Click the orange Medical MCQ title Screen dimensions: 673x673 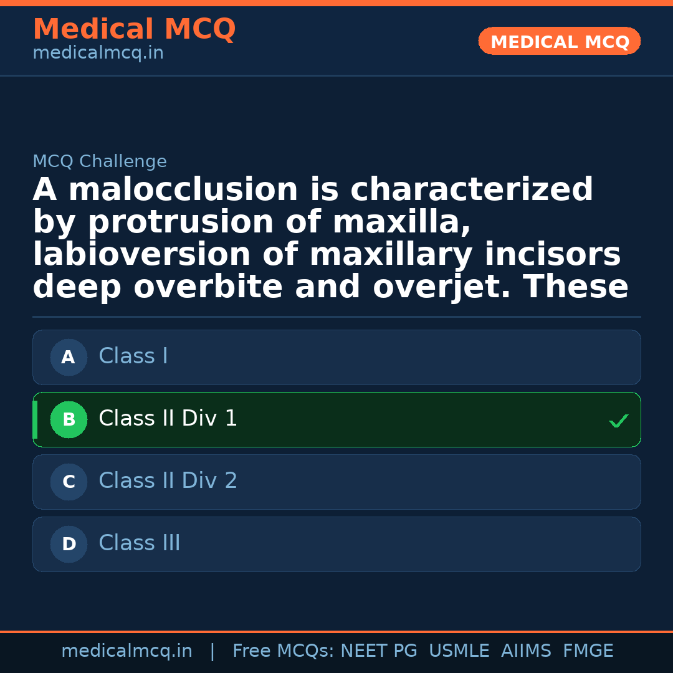pos(134,29)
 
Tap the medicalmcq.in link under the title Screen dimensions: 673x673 pos(98,54)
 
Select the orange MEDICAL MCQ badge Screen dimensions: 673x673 pos(559,42)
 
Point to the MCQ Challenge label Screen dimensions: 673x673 pos(100,162)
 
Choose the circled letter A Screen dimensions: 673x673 pos(69,358)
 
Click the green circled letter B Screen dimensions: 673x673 pos(69,420)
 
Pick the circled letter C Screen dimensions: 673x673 pos(69,482)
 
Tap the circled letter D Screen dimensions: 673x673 pos(69,545)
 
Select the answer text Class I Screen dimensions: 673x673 pos(133,356)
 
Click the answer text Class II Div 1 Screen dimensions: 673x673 pos(168,419)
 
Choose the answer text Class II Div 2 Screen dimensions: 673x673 pos(168,481)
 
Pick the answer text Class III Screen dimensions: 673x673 pos(140,543)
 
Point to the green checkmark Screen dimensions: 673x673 pos(618,422)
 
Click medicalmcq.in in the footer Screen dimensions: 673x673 pos(126,651)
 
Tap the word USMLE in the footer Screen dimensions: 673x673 pos(459,651)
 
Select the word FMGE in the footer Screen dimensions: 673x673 pos(588,651)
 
